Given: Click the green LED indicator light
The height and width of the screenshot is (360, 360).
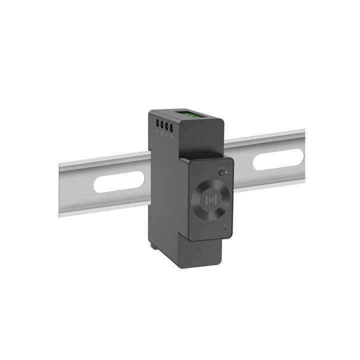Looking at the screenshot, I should (x=226, y=173).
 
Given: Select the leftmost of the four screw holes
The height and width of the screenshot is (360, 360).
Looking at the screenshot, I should (x=158, y=123).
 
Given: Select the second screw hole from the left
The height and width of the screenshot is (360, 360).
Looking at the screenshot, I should (x=162, y=124).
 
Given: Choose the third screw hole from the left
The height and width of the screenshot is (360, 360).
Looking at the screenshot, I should (x=167, y=124).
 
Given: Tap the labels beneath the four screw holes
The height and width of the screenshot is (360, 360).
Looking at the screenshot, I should (x=165, y=132).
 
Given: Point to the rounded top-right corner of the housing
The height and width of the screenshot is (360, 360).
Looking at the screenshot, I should (x=220, y=120).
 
